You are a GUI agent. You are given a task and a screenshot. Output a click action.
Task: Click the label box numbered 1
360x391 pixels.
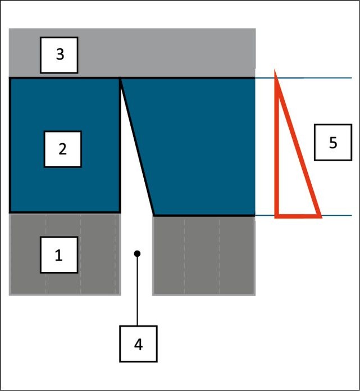[x=59, y=255]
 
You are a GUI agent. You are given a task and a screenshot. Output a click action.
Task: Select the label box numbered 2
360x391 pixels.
[x=62, y=149]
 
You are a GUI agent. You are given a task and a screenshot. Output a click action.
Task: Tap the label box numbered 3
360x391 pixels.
[x=59, y=55]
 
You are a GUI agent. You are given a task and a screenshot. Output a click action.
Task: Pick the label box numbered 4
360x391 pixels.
[x=138, y=344]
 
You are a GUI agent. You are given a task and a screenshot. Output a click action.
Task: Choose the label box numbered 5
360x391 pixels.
[x=333, y=142]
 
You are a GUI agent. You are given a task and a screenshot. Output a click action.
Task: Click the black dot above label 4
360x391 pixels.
[x=137, y=253]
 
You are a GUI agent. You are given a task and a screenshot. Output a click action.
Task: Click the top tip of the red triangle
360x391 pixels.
[x=275, y=70]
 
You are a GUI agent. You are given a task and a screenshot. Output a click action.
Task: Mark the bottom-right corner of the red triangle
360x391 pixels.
[x=322, y=218]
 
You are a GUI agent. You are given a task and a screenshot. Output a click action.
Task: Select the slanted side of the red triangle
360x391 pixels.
[x=298, y=143]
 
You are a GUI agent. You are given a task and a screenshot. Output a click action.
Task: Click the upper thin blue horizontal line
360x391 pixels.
[x=303, y=78]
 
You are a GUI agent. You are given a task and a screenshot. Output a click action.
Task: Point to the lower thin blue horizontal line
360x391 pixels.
[x=303, y=216]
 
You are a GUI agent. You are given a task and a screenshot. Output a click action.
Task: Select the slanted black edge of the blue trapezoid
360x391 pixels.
[x=137, y=147]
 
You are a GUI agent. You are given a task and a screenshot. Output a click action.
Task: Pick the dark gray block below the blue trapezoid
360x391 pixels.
[x=204, y=256]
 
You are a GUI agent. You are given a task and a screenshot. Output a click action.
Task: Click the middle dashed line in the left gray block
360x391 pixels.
[x=80, y=254]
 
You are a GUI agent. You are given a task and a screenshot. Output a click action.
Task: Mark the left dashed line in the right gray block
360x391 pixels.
[x=184, y=256]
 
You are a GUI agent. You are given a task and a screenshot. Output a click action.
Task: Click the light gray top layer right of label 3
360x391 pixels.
[x=167, y=52]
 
